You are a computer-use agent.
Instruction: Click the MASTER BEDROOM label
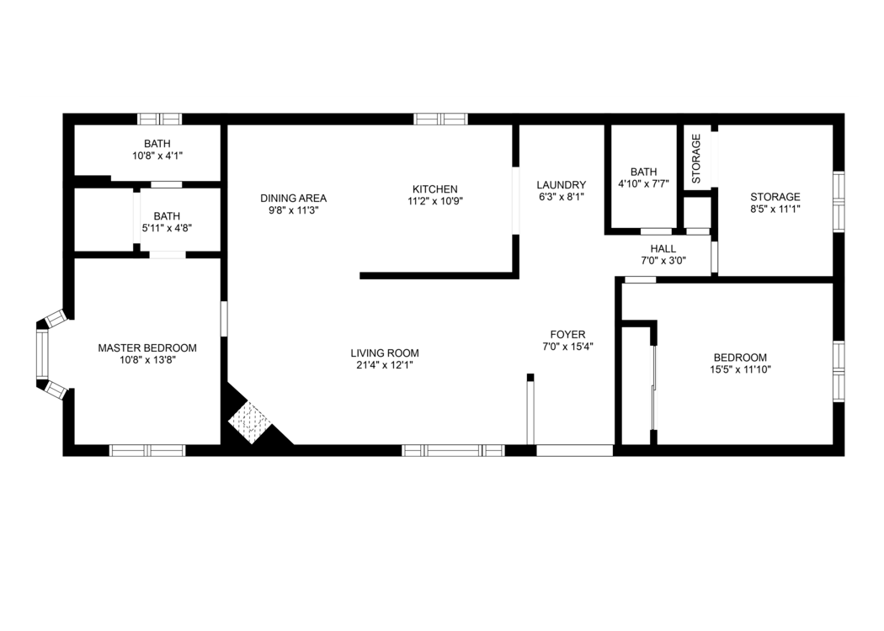147,348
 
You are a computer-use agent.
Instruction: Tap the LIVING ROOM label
385,353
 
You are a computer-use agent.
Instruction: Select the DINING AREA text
293,199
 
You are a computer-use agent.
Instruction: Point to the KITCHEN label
434,189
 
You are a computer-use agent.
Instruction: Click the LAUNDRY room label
561,185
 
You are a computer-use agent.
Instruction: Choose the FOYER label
567,335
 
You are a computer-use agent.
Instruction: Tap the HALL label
663,249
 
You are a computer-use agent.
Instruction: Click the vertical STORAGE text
696,158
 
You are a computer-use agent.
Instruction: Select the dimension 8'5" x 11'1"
775,209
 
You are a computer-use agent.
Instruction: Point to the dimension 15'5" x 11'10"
740,369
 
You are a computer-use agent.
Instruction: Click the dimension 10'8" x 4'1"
157,156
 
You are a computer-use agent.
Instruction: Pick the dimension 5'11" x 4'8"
167,228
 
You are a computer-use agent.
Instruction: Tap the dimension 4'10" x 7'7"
643,183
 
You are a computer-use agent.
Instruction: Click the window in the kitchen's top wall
440,119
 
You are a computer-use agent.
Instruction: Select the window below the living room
453,450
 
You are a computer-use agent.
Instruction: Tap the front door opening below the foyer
574,450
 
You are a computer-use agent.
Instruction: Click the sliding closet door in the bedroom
652,388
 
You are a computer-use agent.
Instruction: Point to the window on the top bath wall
160,119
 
